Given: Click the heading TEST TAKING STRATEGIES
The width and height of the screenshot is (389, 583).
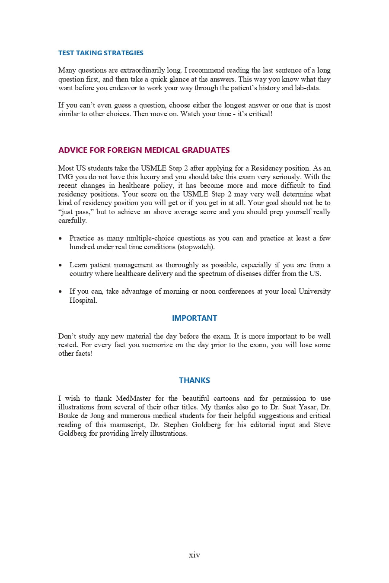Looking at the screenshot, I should pyautogui.click(x=101, y=53).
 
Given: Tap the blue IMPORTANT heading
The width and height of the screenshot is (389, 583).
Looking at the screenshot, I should pyautogui.click(x=194, y=318).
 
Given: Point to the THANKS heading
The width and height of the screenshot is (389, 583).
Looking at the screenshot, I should pyautogui.click(x=194, y=380).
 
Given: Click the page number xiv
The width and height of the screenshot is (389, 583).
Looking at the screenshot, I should pyautogui.click(x=194, y=555).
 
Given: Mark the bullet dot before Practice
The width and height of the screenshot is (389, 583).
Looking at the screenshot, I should pyautogui.click(x=61, y=238).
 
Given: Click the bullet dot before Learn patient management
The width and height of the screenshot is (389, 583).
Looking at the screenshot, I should pyautogui.click(x=61, y=265).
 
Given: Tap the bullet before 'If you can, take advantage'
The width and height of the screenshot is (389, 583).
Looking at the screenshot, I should pyautogui.click(x=61, y=291).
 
